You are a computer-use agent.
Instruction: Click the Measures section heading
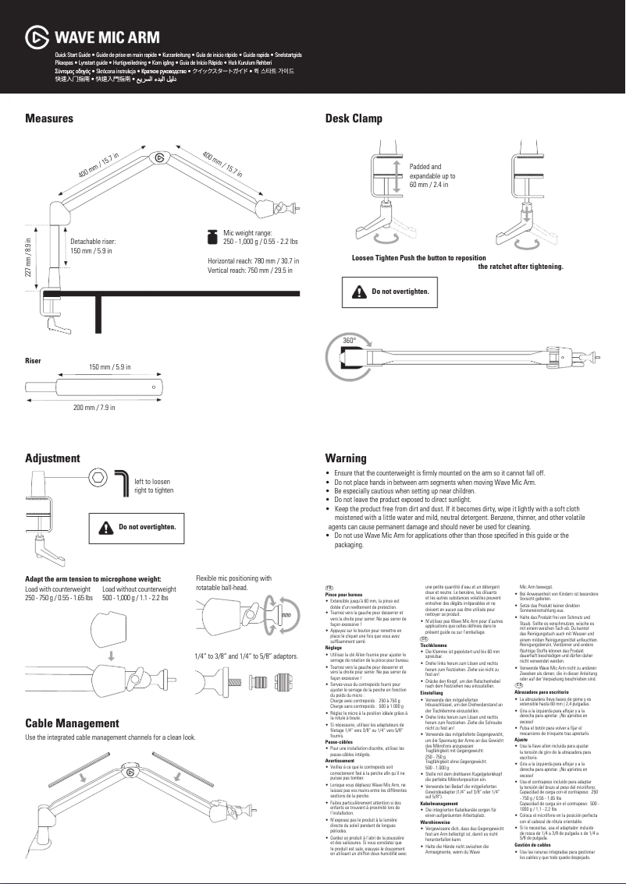click(x=49, y=118)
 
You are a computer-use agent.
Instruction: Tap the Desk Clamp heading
click(x=354, y=118)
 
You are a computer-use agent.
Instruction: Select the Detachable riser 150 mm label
click(x=93, y=246)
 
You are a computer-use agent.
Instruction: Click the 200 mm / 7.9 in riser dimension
click(x=94, y=408)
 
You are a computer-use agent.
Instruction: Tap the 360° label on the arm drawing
click(x=350, y=341)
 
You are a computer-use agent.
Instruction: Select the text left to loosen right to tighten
click(x=154, y=486)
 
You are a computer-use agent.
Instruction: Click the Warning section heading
click(x=346, y=458)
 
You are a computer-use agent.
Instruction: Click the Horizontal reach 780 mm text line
click(x=253, y=260)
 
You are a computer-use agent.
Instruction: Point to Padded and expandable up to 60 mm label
click(x=432, y=176)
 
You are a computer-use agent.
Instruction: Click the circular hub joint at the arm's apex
click(x=159, y=157)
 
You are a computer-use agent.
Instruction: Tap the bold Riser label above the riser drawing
click(x=33, y=361)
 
